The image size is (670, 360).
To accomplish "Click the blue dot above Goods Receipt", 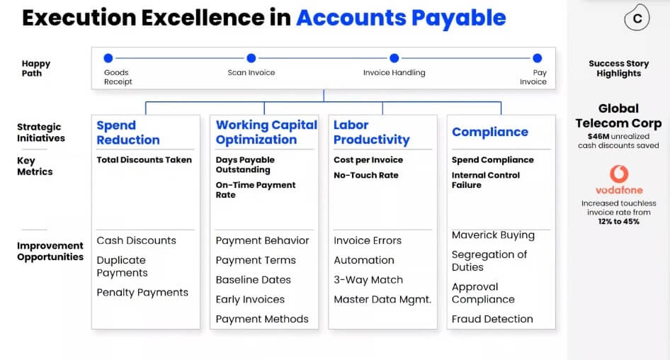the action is (108, 57).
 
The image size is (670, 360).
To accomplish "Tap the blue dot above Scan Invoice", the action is (251, 57).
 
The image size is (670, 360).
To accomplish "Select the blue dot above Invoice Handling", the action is (394, 57).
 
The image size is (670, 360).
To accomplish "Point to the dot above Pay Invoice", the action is (537, 57).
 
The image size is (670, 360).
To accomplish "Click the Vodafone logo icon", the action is (619, 174).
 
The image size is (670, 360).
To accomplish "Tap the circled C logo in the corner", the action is (637, 18).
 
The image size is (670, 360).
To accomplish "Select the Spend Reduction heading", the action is (128, 133).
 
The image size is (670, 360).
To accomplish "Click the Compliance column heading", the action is (490, 132).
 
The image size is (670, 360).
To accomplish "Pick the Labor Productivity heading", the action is (372, 132).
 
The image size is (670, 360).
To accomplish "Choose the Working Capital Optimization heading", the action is (266, 132).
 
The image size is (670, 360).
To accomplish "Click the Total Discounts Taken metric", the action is (144, 160).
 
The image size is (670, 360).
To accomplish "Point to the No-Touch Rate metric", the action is (365, 175).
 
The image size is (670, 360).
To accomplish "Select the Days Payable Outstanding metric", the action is (245, 164).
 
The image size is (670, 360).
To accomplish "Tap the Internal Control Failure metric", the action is (486, 180).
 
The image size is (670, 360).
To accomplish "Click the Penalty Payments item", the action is (142, 293).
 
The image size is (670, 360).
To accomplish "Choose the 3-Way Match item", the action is (368, 280).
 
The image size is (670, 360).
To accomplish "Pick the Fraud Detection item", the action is (492, 319).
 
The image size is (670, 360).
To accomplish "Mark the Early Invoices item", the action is (250, 299).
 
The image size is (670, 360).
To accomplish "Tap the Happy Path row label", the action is (36, 69).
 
